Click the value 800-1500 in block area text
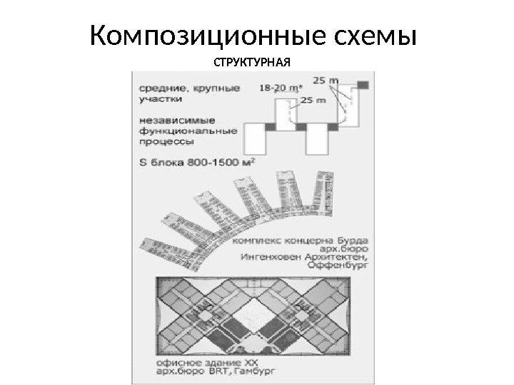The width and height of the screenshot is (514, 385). pos(208,162)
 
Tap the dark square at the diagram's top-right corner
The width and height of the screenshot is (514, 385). pos(363,85)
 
